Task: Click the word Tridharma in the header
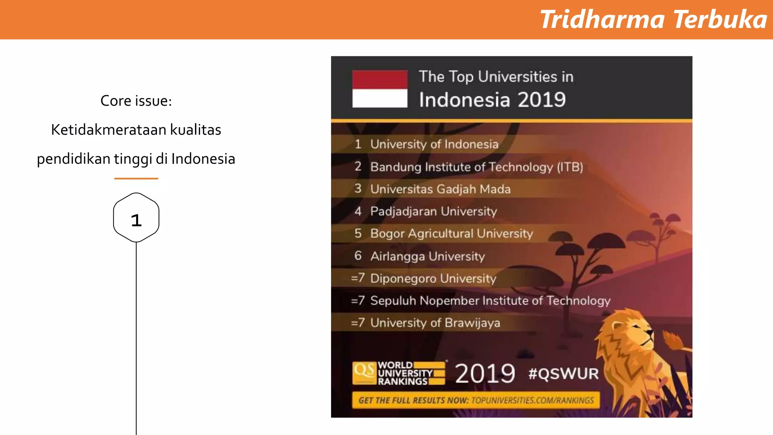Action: (x=602, y=20)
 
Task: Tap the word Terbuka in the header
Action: (x=720, y=20)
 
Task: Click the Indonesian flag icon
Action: (x=380, y=89)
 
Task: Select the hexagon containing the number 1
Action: (x=136, y=218)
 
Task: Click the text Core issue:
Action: (x=136, y=101)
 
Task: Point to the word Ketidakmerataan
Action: (x=109, y=130)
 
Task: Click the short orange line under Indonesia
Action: (x=136, y=178)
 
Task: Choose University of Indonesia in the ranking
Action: (x=434, y=144)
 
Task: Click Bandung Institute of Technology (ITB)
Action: (x=476, y=167)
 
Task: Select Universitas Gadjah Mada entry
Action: (x=440, y=189)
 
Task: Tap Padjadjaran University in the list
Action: (x=433, y=211)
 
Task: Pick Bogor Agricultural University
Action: (x=451, y=233)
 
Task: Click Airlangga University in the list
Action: (x=427, y=256)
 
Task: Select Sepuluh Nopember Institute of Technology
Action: (x=490, y=301)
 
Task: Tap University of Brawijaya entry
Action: (x=435, y=323)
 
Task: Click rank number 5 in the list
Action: (x=358, y=233)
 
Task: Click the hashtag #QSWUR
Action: (x=563, y=374)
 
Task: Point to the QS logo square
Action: (x=364, y=373)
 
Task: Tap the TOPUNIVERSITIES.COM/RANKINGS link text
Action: (x=532, y=400)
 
